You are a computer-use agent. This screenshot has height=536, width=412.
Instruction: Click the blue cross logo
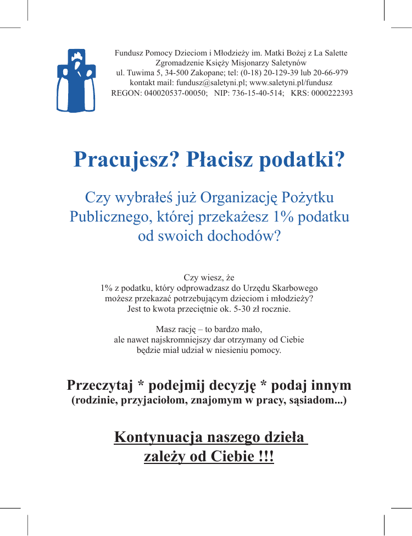pos(76,80)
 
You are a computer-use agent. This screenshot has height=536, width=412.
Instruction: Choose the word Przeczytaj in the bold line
pos(99,385)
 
